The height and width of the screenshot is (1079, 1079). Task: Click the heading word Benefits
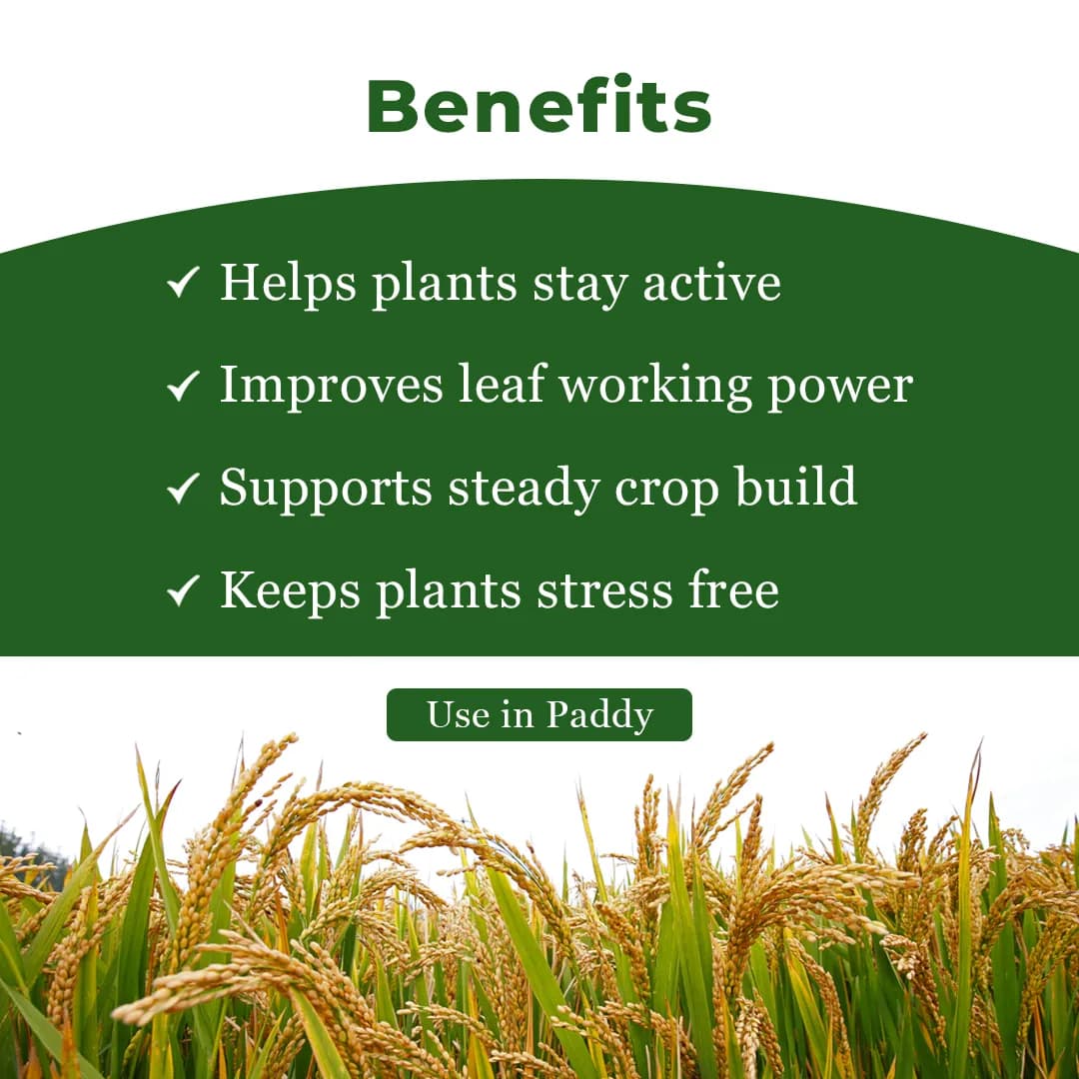[x=539, y=106]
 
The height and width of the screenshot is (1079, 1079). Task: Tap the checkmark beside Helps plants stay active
[x=183, y=284]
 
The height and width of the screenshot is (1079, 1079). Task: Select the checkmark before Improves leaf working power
[x=183, y=387]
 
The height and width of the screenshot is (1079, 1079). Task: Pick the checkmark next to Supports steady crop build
[x=183, y=490]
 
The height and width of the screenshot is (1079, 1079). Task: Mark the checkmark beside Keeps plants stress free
[x=183, y=592]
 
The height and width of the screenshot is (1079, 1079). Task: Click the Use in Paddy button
[x=539, y=715]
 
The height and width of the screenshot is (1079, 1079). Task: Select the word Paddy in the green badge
[x=599, y=715]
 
